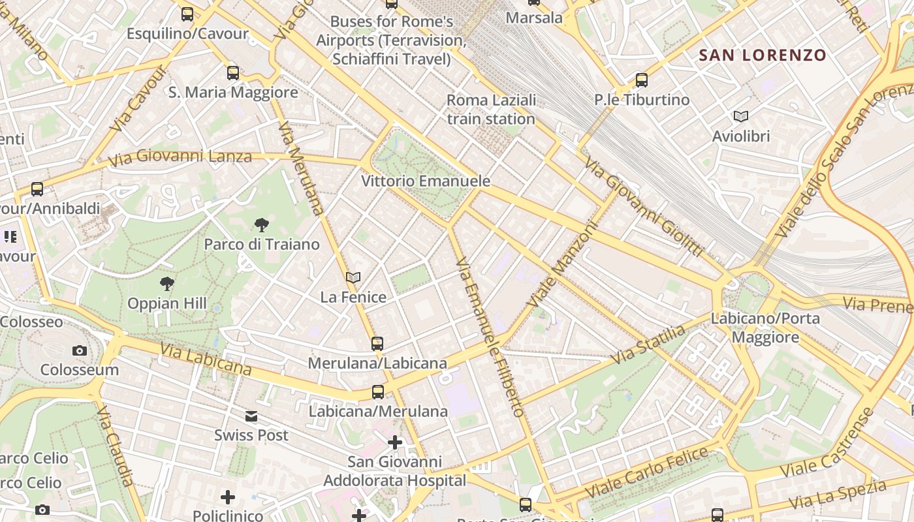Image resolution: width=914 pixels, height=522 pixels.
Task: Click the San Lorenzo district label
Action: (x=763, y=55)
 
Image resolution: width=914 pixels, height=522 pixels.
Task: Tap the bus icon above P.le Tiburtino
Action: (x=642, y=80)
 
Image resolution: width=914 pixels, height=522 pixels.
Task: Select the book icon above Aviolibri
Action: (x=740, y=116)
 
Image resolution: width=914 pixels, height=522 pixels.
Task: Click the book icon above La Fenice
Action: (x=353, y=278)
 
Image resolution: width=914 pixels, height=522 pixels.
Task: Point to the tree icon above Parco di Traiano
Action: (x=262, y=225)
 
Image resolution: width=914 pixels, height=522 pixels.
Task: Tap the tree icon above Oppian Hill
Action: (x=167, y=284)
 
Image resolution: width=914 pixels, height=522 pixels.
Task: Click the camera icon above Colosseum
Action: (x=80, y=350)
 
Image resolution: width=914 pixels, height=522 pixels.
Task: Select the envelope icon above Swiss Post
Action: (x=251, y=416)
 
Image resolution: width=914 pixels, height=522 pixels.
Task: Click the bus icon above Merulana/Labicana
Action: (x=377, y=343)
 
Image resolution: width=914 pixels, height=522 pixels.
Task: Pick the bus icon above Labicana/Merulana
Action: (x=378, y=392)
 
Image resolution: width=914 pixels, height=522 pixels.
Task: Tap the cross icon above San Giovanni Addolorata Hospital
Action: (x=395, y=443)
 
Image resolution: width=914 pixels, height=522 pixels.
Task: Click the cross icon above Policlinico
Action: (x=228, y=498)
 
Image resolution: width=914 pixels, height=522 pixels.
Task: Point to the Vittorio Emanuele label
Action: (x=426, y=181)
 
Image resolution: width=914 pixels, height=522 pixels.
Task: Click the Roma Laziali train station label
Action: (x=491, y=110)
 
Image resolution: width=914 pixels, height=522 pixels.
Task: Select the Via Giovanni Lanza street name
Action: (x=180, y=157)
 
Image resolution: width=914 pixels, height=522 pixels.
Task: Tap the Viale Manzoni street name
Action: (x=563, y=265)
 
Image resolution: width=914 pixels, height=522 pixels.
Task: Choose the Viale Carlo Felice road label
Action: (x=646, y=470)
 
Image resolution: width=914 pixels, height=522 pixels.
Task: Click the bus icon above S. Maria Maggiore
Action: (x=233, y=72)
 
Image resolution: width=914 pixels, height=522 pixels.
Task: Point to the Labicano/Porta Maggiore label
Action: (x=765, y=328)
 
